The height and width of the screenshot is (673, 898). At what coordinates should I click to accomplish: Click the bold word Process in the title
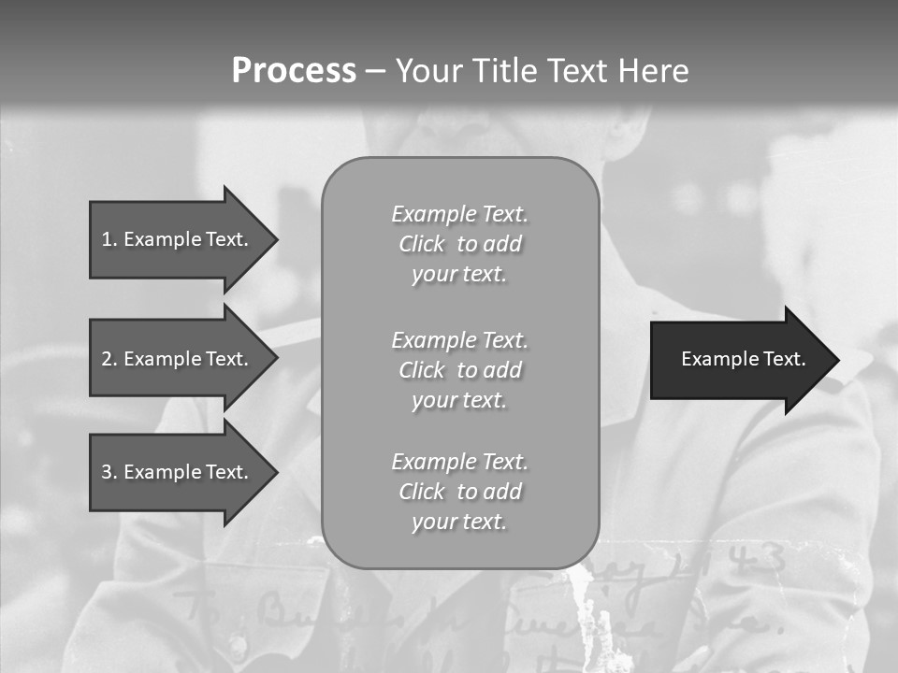(294, 71)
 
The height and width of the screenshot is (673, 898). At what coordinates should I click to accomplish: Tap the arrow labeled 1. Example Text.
(174, 239)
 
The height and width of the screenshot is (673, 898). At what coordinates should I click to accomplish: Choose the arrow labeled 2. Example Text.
(174, 359)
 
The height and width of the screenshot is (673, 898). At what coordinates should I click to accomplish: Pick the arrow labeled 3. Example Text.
(174, 472)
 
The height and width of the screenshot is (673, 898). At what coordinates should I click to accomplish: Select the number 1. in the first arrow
(109, 239)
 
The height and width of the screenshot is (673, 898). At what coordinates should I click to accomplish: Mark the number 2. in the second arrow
(109, 359)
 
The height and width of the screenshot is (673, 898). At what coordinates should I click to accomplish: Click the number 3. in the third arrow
(109, 472)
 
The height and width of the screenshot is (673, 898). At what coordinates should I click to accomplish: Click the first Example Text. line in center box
(459, 214)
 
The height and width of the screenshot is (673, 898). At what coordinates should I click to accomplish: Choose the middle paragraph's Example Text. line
(459, 339)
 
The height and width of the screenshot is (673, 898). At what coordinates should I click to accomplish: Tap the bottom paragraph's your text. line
(459, 522)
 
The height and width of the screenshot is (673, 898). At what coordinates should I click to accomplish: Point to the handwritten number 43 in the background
(760, 560)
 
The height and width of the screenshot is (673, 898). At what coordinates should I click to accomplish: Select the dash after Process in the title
(375, 71)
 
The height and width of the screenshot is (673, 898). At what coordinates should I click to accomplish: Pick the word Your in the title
(428, 71)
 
